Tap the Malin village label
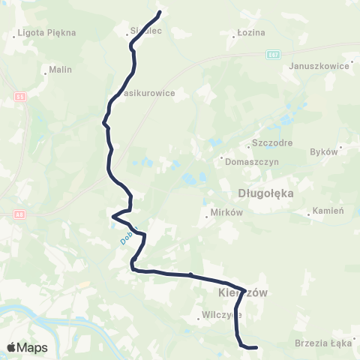59,70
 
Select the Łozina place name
246,33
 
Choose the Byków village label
324,151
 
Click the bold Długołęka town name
265,193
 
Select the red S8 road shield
19,97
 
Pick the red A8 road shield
19,214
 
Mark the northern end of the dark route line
160,12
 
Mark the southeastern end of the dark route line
256,347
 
